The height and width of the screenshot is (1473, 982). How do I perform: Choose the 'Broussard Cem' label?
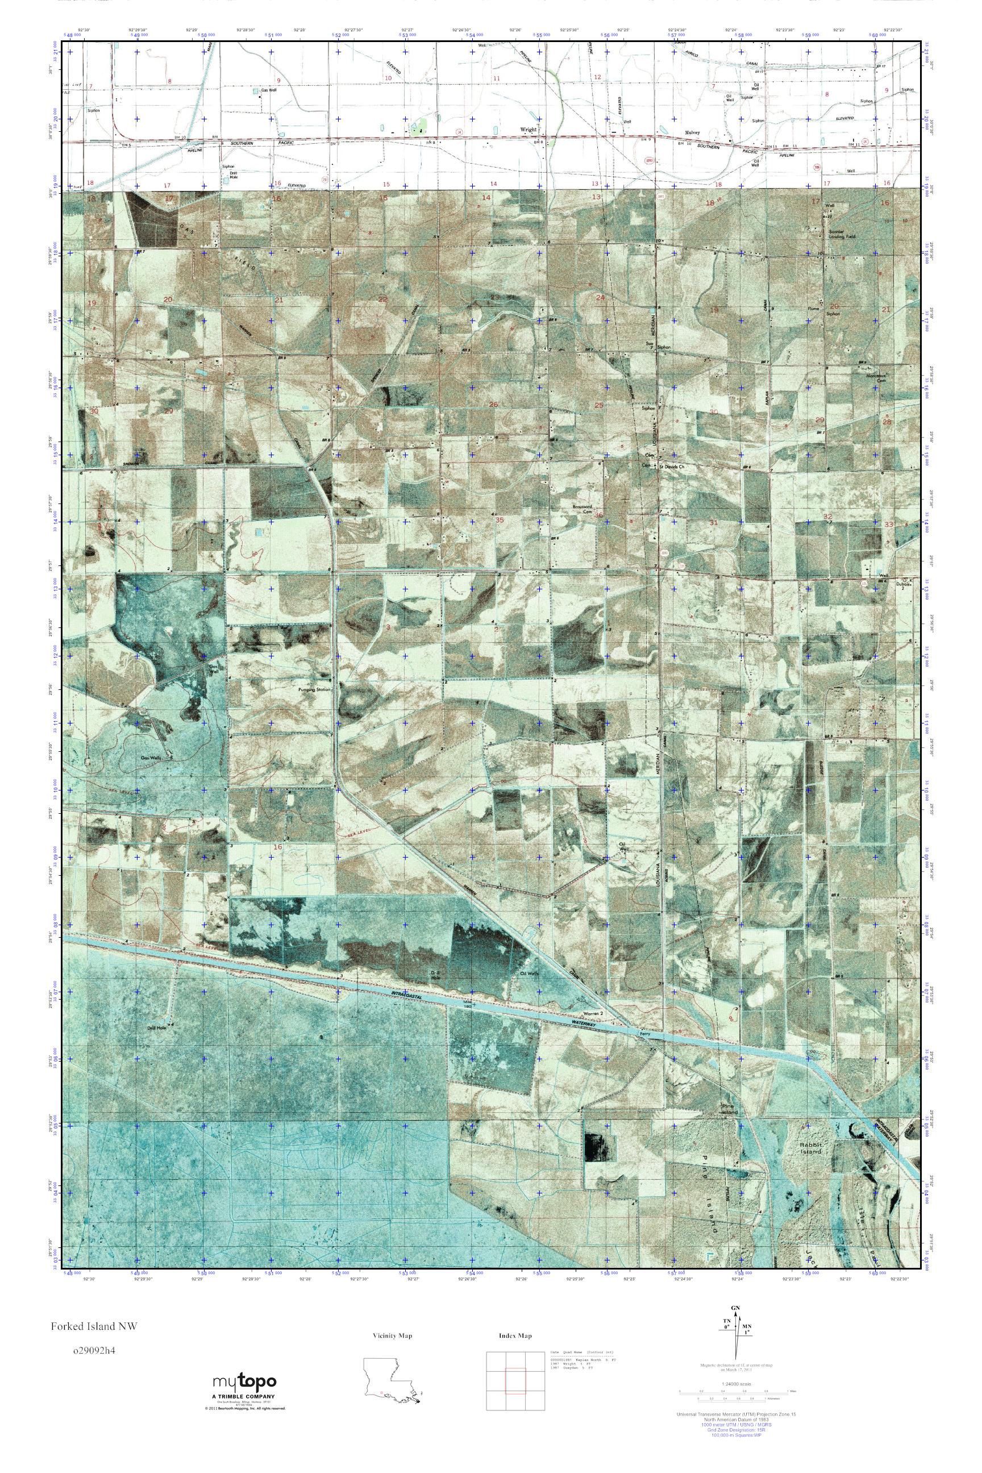pos(582,510)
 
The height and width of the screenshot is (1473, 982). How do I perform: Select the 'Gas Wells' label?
pos(150,756)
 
